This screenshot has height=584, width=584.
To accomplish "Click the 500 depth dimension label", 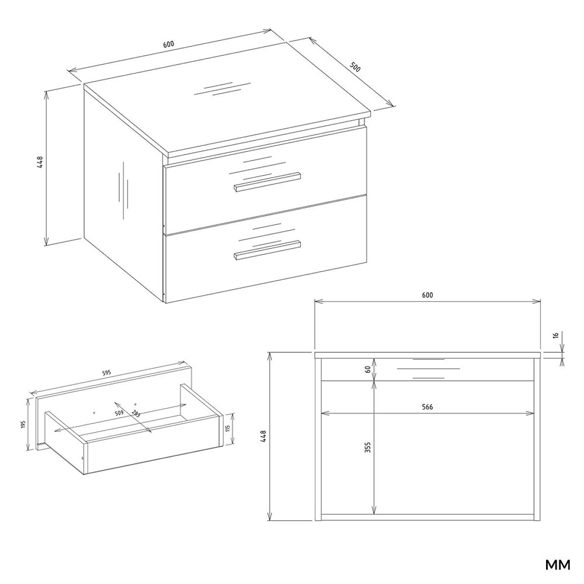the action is [x=355, y=67].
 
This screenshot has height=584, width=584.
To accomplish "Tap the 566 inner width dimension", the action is [x=427, y=407].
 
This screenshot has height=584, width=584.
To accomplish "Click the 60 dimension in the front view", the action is [x=368, y=369].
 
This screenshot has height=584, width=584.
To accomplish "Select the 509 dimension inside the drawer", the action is [x=119, y=413].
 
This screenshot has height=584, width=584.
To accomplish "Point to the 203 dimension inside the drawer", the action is [x=135, y=414].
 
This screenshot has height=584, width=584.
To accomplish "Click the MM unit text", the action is [x=558, y=565].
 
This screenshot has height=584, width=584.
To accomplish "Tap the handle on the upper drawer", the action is [x=267, y=182].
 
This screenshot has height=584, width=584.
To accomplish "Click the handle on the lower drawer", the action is [x=267, y=250].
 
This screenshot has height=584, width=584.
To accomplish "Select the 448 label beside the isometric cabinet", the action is [x=40, y=162].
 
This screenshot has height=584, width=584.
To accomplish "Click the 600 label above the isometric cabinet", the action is [x=169, y=44].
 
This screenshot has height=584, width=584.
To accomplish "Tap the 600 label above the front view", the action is [x=427, y=295].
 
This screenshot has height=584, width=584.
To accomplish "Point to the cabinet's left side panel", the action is [x=123, y=194].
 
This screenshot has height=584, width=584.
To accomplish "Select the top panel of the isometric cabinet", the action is [x=227, y=118].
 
